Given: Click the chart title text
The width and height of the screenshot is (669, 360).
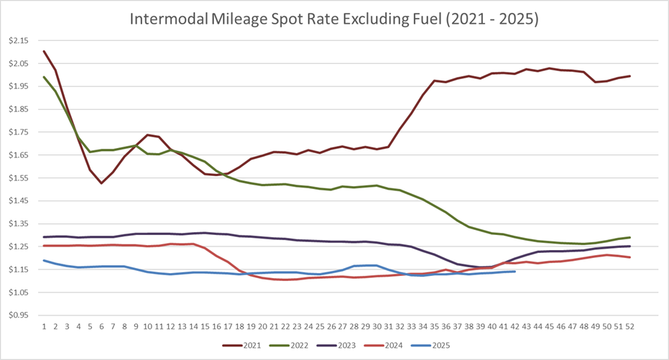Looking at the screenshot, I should [334, 19].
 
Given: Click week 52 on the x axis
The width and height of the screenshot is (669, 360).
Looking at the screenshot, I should [629, 326].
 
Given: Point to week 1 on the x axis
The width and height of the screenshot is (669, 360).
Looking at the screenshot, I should [45, 326].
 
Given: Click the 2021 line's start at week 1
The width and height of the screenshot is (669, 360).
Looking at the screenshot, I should [45, 51].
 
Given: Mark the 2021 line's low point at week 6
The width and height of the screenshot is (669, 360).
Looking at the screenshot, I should [101, 183].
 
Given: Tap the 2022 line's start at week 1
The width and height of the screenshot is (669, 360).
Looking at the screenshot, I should [45, 77].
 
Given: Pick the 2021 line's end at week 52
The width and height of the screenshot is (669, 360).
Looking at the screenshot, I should [629, 76].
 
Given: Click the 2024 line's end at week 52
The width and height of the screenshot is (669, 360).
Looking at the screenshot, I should [629, 257].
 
